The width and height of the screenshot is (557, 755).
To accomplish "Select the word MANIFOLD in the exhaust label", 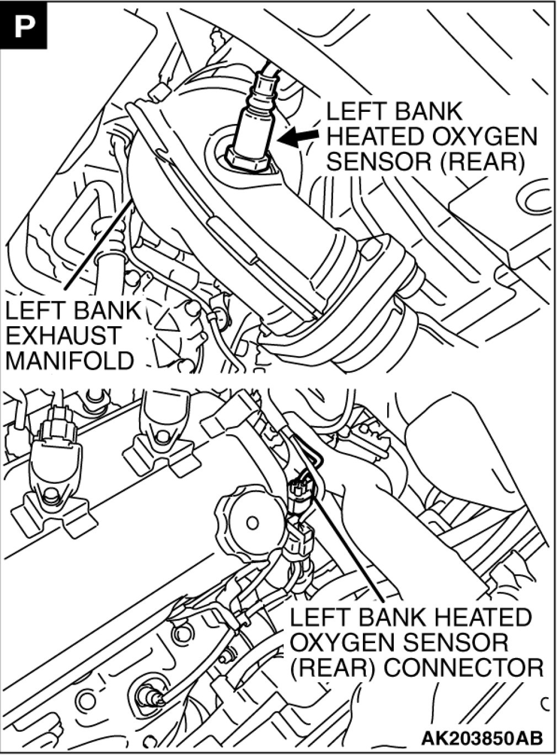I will tap(69, 360).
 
